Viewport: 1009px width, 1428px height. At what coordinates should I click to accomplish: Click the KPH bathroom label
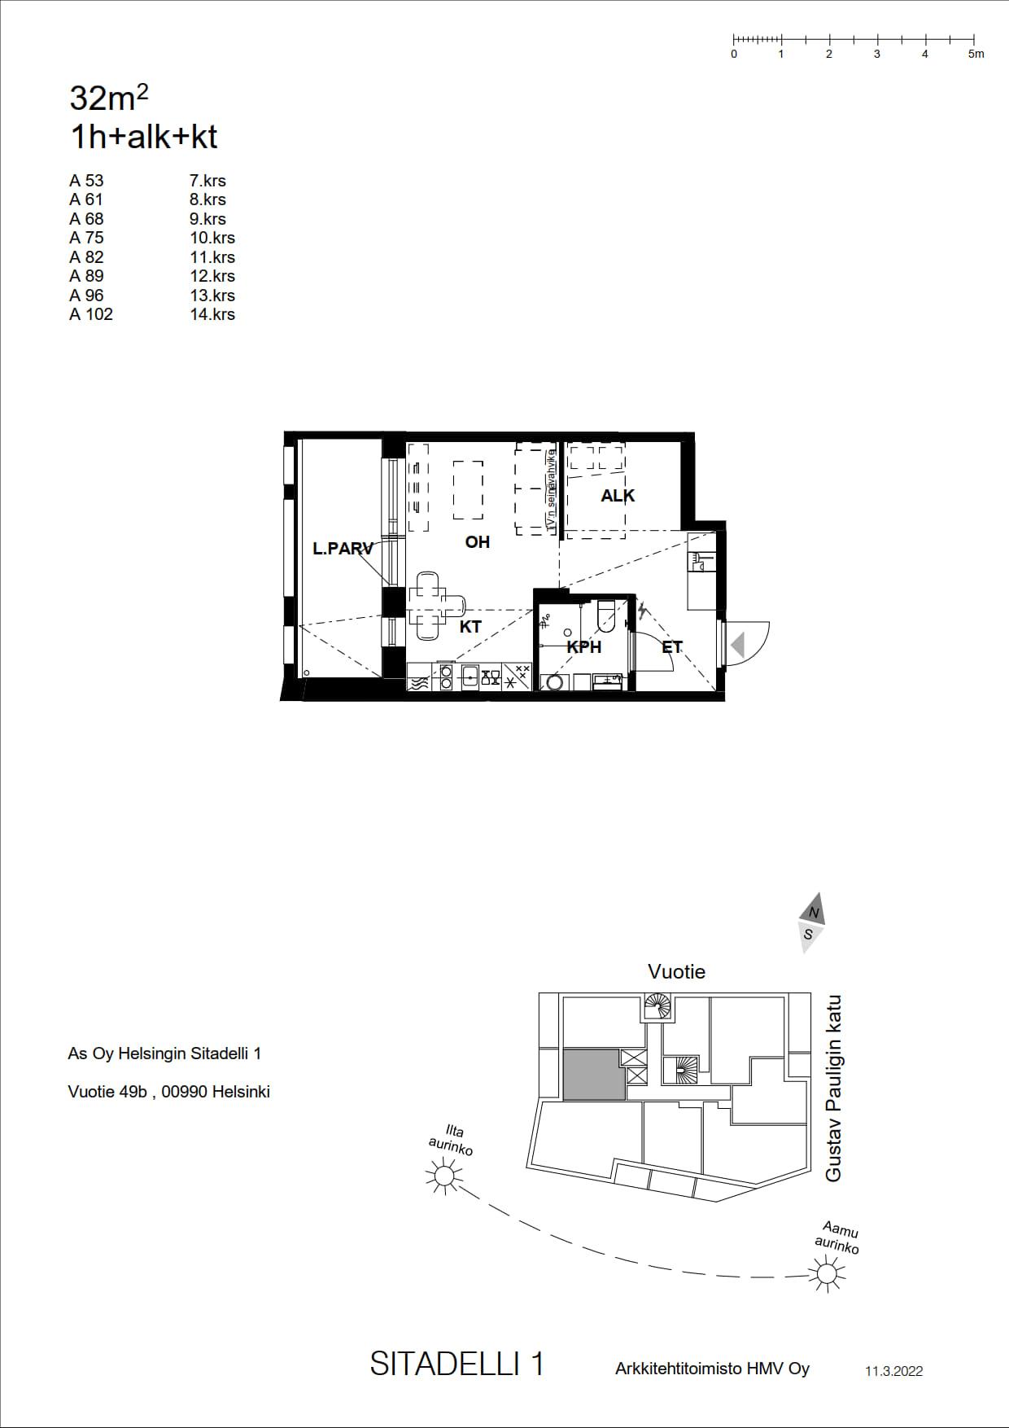pyautogui.click(x=584, y=647)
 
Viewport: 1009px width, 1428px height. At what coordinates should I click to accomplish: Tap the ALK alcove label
pyautogui.click(x=618, y=495)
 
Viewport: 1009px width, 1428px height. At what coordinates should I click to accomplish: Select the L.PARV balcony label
pyautogui.click(x=343, y=549)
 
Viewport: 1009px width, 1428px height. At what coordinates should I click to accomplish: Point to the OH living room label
pyautogui.click(x=478, y=541)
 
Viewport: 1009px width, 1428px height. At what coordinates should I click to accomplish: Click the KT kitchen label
pyautogui.click(x=470, y=627)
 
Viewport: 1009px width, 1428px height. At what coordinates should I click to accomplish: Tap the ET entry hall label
pyautogui.click(x=672, y=647)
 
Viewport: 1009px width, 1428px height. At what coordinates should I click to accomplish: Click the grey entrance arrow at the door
pyautogui.click(x=737, y=646)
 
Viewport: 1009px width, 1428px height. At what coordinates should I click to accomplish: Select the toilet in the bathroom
pyautogui.click(x=608, y=615)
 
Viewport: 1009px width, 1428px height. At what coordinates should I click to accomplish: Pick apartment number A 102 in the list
pyautogui.click(x=91, y=314)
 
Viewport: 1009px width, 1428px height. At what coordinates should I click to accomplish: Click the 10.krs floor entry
pyautogui.click(x=212, y=238)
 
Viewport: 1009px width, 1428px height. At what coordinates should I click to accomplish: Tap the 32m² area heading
pyautogui.click(x=109, y=98)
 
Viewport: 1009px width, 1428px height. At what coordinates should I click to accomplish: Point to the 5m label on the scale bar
pyautogui.click(x=976, y=54)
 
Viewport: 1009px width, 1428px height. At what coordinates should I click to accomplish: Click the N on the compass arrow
pyautogui.click(x=814, y=913)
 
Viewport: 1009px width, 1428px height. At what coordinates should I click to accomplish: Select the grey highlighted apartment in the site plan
pyautogui.click(x=594, y=1075)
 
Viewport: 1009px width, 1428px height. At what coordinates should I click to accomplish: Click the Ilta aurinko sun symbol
pyautogui.click(x=443, y=1176)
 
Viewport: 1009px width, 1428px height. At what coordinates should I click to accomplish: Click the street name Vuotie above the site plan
pyautogui.click(x=676, y=971)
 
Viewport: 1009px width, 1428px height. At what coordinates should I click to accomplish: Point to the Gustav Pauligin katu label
pyautogui.click(x=833, y=1088)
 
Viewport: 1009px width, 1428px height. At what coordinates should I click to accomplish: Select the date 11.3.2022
pyautogui.click(x=893, y=1371)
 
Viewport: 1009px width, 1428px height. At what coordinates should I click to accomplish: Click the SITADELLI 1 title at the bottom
pyautogui.click(x=457, y=1364)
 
